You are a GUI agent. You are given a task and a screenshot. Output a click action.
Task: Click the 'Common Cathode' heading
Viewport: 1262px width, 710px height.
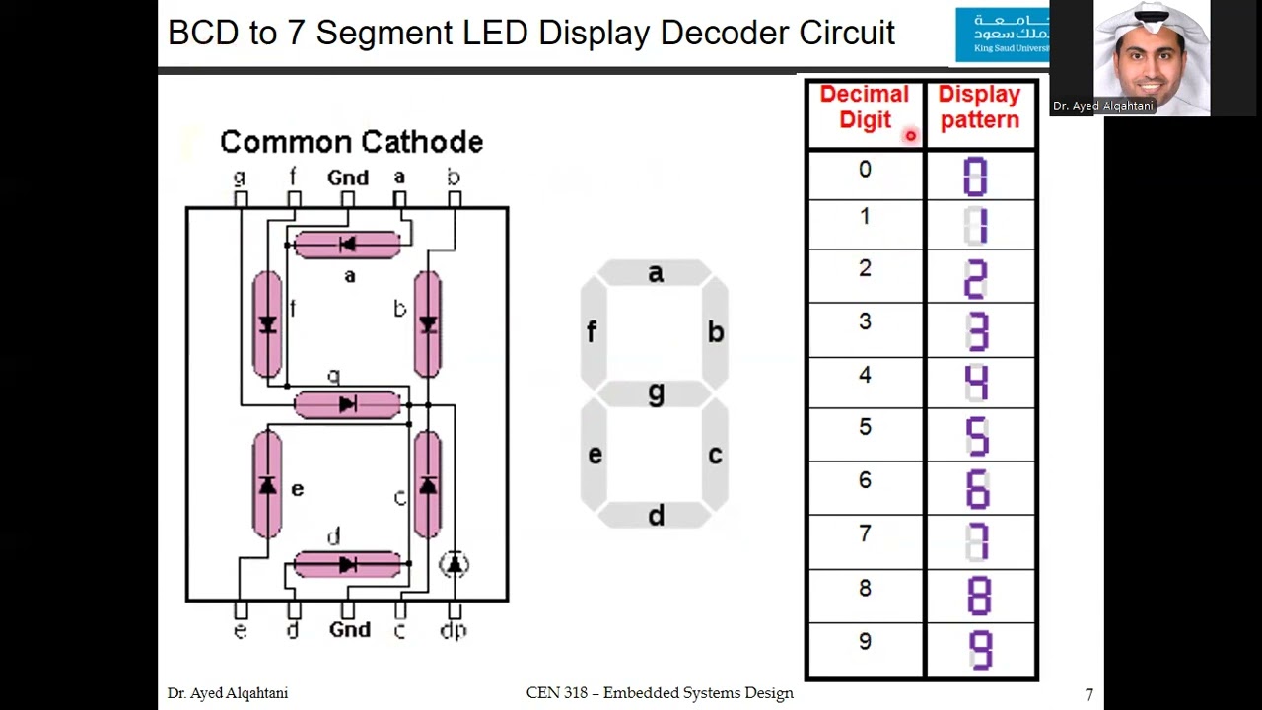point(351,142)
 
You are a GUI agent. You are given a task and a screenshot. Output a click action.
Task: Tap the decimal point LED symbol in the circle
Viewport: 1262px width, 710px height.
point(454,563)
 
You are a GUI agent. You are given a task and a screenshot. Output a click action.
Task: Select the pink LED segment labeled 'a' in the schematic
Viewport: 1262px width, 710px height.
point(347,245)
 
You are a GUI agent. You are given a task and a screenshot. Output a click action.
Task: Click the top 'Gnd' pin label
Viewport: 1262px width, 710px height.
point(347,177)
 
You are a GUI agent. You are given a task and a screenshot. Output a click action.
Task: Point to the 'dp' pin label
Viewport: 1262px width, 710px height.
point(454,630)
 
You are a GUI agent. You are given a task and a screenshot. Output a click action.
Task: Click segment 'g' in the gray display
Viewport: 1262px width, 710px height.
point(655,393)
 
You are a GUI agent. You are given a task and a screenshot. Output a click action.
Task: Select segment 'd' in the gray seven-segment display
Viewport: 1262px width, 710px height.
point(655,515)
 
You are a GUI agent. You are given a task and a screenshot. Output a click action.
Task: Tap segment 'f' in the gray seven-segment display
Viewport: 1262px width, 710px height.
point(593,332)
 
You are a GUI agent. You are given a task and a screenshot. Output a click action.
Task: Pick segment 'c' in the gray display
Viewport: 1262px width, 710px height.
point(715,455)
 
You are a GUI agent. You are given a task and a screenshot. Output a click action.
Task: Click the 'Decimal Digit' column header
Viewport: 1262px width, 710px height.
point(865,107)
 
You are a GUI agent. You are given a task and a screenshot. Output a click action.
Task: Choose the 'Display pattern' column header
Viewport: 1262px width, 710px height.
point(979,107)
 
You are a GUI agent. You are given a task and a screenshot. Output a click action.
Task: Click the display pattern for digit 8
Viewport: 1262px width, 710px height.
point(978,597)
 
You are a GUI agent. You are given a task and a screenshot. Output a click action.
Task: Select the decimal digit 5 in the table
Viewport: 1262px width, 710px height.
point(865,427)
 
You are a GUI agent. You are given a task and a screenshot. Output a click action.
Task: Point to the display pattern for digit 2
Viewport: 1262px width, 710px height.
point(976,279)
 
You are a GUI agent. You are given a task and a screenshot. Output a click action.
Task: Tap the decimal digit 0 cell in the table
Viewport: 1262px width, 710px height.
point(865,170)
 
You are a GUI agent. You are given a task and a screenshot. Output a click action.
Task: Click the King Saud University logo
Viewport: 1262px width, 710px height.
point(1001,35)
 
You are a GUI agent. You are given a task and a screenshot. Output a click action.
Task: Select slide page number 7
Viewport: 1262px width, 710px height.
point(1088,694)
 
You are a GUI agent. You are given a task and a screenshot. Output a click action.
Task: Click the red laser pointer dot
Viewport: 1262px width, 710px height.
point(910,136)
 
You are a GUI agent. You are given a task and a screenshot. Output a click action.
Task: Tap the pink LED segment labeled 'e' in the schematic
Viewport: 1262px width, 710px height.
point(267,485)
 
